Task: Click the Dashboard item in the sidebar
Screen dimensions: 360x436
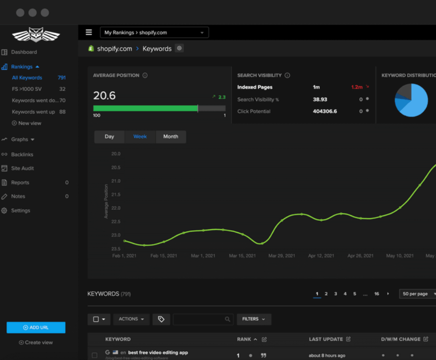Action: (24, 52)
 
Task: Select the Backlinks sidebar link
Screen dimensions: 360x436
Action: (22, 155)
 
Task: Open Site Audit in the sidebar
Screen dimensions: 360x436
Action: (22, 168)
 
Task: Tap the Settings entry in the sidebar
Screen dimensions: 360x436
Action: (20, 211)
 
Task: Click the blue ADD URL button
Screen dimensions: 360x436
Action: (36, 327)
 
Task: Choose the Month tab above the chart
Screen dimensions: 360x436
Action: (171, 137)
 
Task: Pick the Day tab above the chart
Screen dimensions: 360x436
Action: (109, 137)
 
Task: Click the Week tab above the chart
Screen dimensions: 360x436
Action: (140, 137)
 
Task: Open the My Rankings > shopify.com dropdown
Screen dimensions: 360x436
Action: (154, 33)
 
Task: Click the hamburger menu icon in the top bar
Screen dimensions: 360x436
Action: (89, 33)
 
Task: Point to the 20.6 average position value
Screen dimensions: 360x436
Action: (104, 96)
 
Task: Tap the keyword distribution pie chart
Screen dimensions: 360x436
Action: (411, 100)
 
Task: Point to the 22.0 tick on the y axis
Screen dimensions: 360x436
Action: (116, 208)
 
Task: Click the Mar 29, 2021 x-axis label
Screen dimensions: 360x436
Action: (282, 256)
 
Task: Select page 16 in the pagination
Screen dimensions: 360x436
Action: (377, 294)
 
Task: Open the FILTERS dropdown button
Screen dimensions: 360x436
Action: (254, 319)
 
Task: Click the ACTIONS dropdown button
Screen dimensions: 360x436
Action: (131, 319)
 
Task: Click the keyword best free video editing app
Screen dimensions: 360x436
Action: (158, 353)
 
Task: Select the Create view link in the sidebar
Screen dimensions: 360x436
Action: (36, 342)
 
